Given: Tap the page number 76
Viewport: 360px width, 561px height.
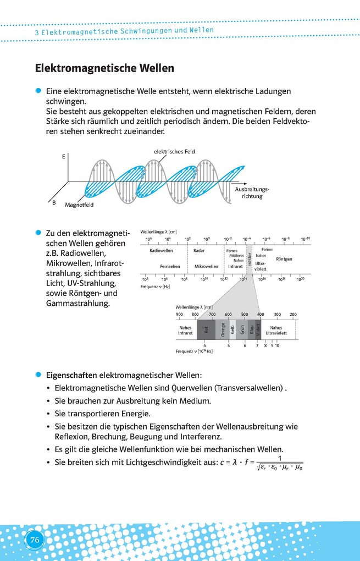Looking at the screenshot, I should click(x=34, y=540).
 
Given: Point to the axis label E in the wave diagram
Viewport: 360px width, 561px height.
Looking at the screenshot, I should click(x=64, y=157).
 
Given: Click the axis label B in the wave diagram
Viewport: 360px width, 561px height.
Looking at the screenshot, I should click(x=54, y=202).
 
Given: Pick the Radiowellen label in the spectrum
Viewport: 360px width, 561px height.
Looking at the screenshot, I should click(x=161, y=251).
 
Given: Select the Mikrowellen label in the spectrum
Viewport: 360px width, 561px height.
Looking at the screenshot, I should click(x=206, y=266).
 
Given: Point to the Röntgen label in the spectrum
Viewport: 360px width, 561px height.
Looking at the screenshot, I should click(x=284, y=258).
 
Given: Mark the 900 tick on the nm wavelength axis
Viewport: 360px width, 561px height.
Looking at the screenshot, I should click(x=179, y=314).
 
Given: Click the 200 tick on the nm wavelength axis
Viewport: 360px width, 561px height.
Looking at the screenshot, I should click(x=293, y=314).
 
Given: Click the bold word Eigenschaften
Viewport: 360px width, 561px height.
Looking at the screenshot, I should click(x=71, y=375).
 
